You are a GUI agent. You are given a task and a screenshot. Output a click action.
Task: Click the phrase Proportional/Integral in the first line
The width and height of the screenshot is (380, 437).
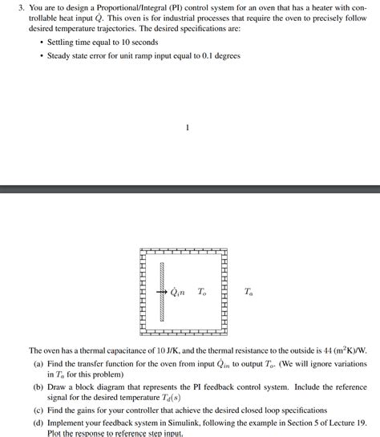pyautogui.click(x=135, y=6)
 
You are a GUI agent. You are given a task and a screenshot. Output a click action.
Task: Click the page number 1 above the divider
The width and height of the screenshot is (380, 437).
pyautogui.click(x=186, y=127)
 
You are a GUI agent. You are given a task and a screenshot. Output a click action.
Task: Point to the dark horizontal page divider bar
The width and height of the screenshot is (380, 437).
pyautogui.click(x=190, y=189)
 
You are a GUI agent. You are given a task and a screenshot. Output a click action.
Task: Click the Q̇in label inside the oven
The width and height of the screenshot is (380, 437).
pyautogui.click(x=177, y=292)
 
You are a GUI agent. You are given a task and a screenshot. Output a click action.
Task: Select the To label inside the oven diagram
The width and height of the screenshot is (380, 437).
pyautogui.click(x=202, y=292)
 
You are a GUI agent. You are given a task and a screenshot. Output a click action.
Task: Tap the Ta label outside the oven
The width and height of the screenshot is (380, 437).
pyautogui.click(x=249, y=292)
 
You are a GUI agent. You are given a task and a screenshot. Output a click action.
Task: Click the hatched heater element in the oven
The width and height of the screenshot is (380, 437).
pyautogui.click(x=162, y=292)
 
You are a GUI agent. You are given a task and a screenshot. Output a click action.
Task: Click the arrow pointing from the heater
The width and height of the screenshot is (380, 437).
pyautogui.click(x=159, y=292)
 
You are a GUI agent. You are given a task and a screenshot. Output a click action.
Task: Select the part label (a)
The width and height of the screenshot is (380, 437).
pyautogui.click(x=38, y=363)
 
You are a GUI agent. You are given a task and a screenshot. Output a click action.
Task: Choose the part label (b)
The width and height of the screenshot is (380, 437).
pyautogui.click(x=38, y=386)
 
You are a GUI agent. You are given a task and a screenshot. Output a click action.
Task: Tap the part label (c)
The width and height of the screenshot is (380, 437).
pyautogui.click(x=38, y=409)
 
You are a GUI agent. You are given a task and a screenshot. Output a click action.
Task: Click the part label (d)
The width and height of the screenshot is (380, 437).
pyautogui.click(x=38, y=422)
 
